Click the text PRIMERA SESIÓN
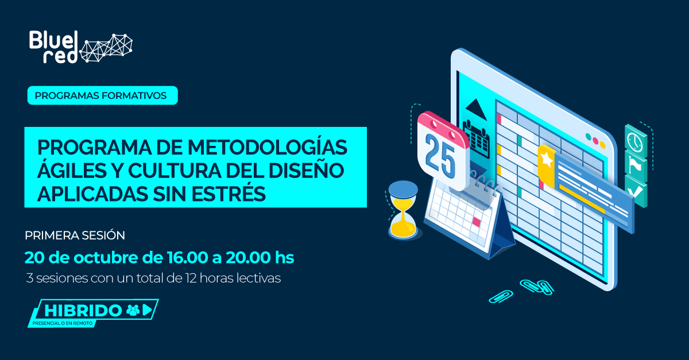pos(75,235)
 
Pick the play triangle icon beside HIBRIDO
pos(148,310)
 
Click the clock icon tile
pos(635,140)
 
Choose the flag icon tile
pos(635,164)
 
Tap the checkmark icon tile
pos(635,189)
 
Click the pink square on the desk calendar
pos(476,221)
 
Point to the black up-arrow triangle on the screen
pos(476,107)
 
